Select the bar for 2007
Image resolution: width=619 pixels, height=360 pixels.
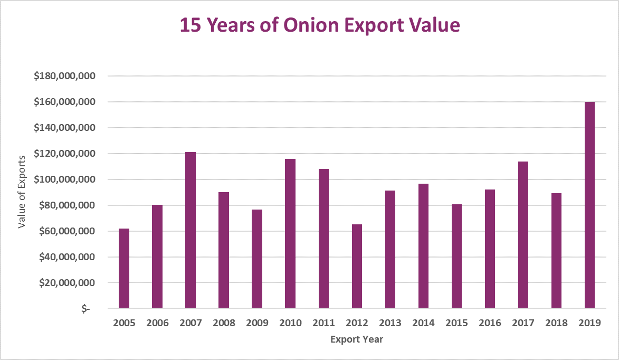(191, 230)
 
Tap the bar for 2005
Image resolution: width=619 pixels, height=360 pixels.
(124, 268)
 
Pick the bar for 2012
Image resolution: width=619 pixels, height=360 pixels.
(357, 266)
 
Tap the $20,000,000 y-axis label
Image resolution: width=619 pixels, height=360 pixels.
(67, 283)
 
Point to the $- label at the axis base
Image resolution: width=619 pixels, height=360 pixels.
(85, 309)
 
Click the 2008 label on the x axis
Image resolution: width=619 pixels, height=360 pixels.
(224, 323)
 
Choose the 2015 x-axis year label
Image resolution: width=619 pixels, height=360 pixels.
(456, 323)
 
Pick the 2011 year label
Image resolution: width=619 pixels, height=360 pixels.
(323, 323)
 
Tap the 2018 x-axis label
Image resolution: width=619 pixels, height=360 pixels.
(556, 323)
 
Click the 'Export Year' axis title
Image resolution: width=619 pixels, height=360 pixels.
(357, 339)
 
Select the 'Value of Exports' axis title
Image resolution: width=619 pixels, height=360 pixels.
(22, 192)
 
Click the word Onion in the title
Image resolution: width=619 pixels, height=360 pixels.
(306, 25)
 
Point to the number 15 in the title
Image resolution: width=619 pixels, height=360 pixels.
(190, 25)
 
